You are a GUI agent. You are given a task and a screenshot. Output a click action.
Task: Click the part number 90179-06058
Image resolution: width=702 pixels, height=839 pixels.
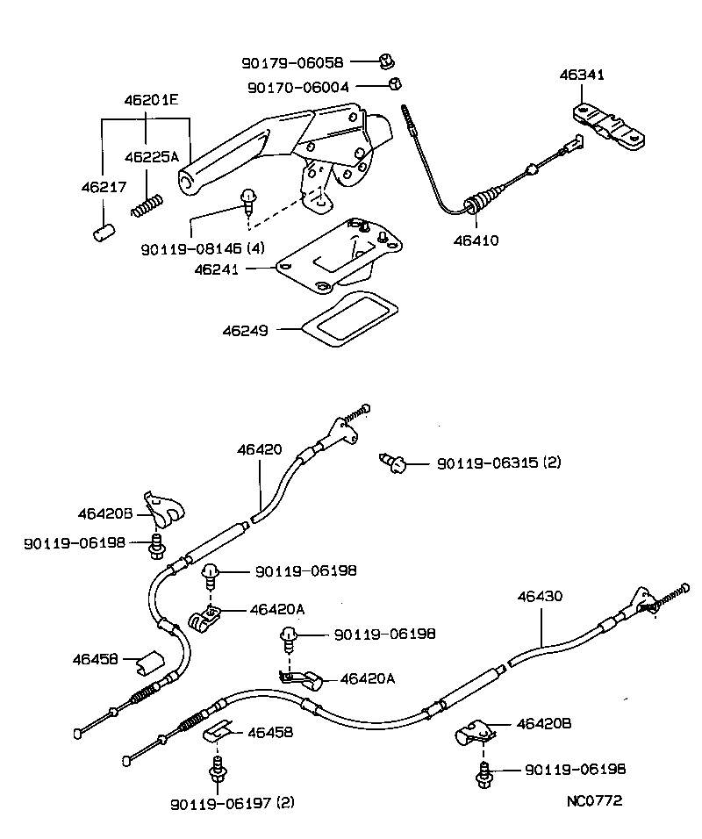click(x=293, y=62)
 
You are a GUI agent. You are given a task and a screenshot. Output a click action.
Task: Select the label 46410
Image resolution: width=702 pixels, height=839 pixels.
click(x=476, y=240)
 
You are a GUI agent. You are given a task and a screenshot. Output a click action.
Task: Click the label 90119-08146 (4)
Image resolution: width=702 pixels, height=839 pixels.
click(x=202, y=248)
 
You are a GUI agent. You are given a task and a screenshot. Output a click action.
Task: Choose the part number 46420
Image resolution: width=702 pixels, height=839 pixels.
click(x=259, y=449)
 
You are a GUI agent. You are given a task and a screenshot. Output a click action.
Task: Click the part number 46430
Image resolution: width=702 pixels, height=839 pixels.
click(x=540, y=596)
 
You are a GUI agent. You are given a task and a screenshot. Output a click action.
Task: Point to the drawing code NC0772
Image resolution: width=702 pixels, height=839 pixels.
click(x=594, y=800)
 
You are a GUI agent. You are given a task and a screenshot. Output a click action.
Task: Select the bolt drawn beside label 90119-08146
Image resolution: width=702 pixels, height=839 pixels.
click(x=250, y=201)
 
